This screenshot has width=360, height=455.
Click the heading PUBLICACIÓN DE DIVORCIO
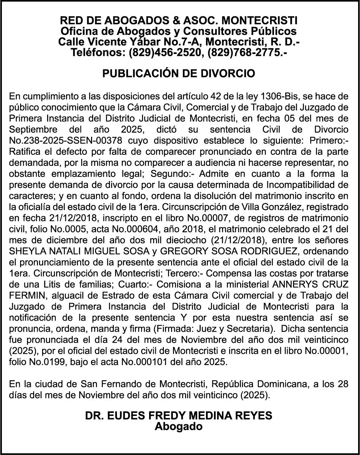point(179,73)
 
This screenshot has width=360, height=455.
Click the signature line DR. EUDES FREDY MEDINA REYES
point(179,416)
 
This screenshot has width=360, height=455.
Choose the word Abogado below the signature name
point(179,426)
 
